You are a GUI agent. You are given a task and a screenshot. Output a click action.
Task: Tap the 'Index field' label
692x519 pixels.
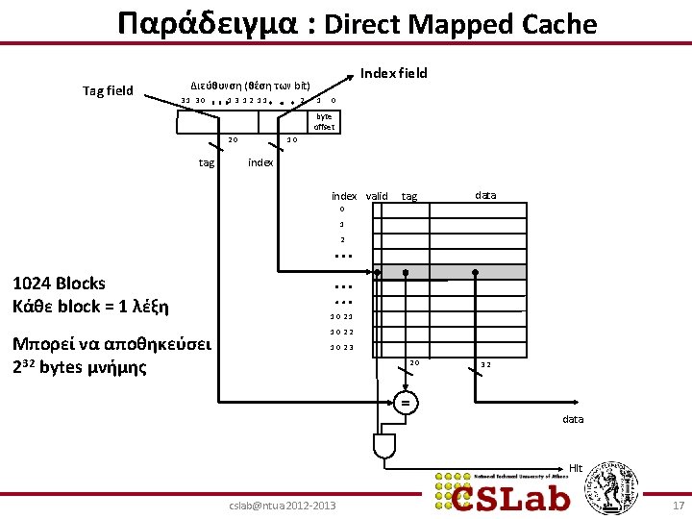pos(393,73)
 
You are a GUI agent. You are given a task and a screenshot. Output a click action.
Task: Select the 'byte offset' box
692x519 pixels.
pos(323,121)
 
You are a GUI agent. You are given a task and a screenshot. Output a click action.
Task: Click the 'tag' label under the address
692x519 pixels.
pos(207,162)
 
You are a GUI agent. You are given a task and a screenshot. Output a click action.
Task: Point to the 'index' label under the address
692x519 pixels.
pos(260,162)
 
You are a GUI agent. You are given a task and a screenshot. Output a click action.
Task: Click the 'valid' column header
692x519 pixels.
pos(377,196)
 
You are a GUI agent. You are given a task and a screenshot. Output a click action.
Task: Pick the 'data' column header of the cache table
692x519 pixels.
pos(485,195)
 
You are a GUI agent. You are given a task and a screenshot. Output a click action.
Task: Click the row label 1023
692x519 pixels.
pos(341,348)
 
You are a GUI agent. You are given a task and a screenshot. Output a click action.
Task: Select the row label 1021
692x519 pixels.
pos(341,316)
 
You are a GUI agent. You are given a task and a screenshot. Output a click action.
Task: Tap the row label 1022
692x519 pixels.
pos(341,332)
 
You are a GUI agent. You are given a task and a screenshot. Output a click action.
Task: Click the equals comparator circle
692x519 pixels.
pos(406,404)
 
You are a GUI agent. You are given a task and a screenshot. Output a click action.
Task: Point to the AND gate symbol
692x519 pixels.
pos(383,445)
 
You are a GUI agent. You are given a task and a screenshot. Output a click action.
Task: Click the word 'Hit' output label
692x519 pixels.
pos(576,468)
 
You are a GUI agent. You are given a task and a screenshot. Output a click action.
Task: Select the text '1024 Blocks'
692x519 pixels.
pos(58,284)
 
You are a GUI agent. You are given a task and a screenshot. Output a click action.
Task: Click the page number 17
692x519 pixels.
pos(679,504)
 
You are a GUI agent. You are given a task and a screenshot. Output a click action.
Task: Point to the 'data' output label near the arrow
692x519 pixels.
pos(573,419)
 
